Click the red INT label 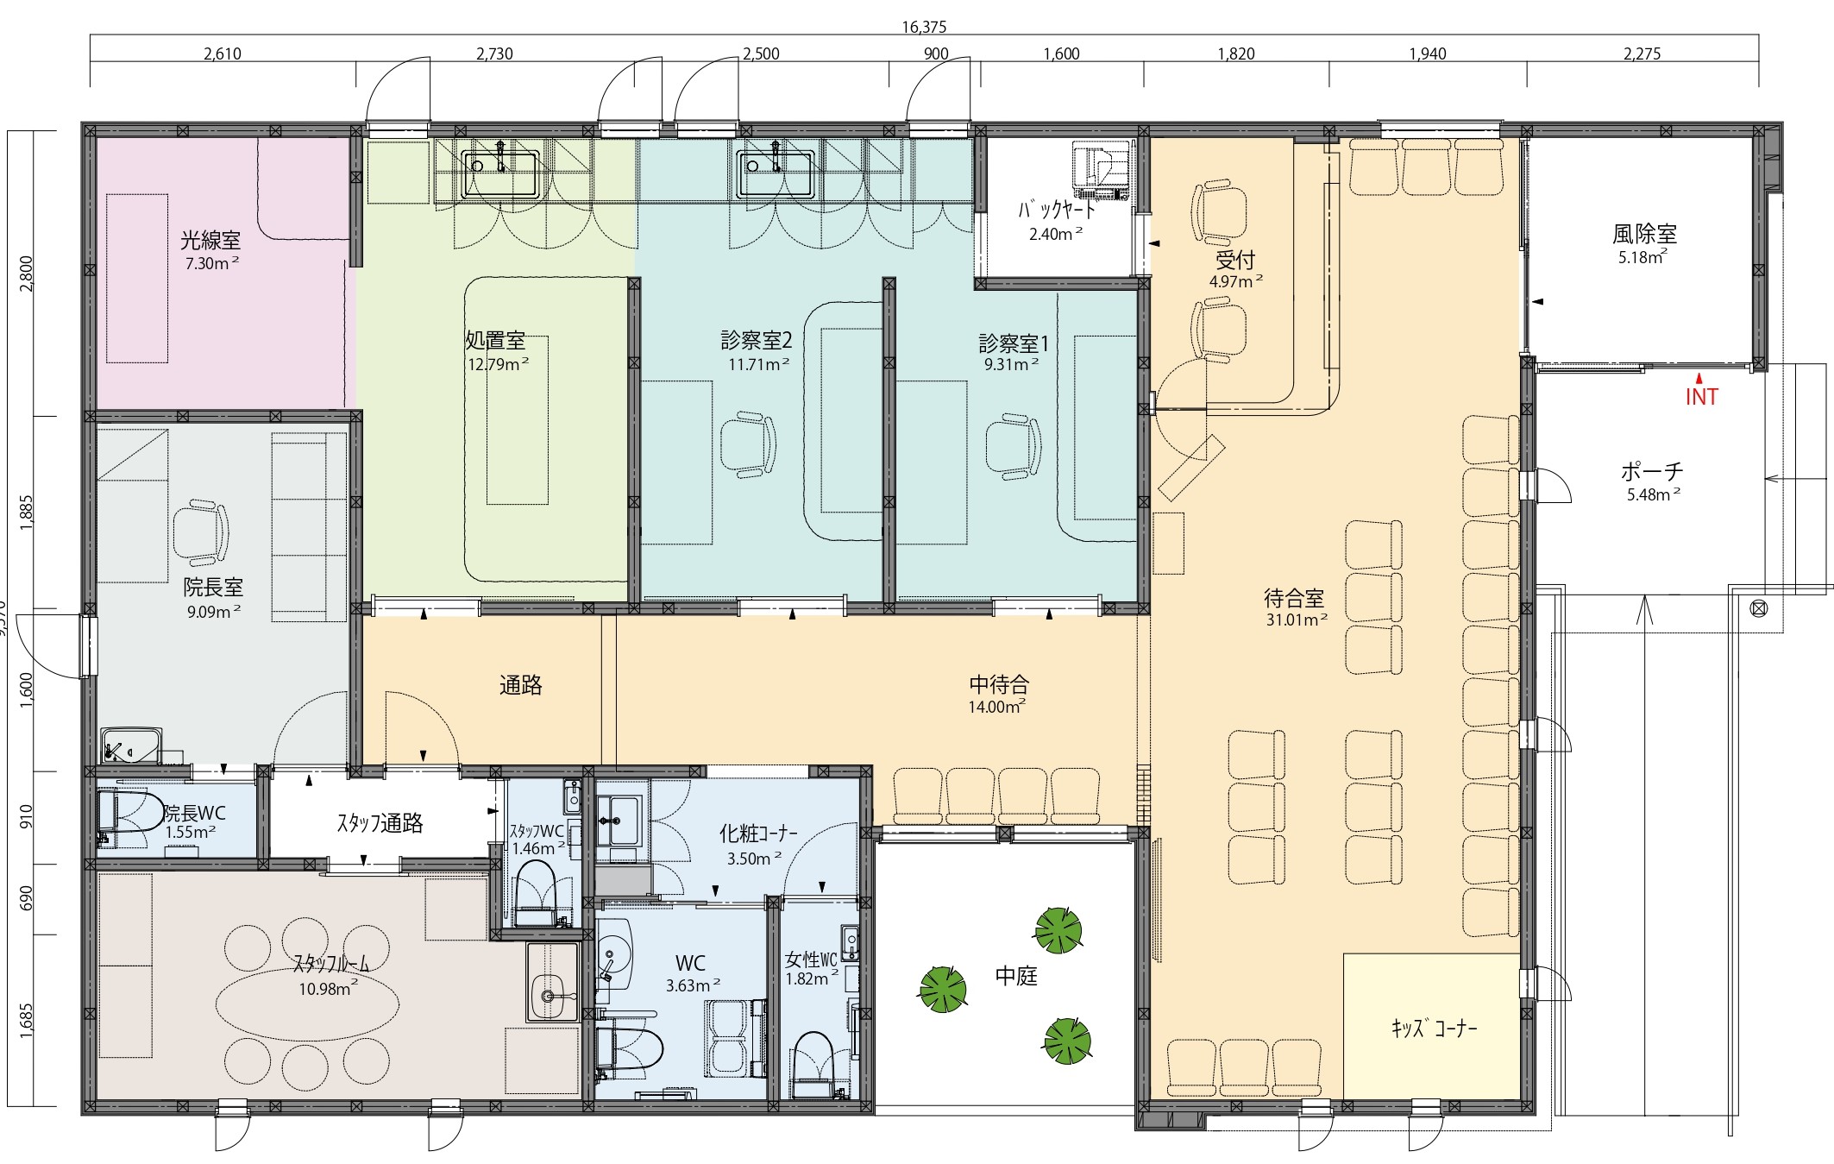tap(1701, 397)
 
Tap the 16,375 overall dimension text tap(924, 27)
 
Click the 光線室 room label tap(210, 240)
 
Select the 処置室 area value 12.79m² tap(499, 364)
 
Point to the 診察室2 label tap(757, 340)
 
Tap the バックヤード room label tap(1057, 210)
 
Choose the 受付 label tap(1235, 260)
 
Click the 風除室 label tap(1644, 234)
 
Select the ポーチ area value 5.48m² tap(1654, 494)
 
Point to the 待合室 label tap(1294, 597)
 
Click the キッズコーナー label tap(1434, 1029)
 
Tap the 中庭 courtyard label tap(1016, 976)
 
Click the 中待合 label tap(999, 685)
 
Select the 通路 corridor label tap(521, 685)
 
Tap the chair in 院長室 tap(201, 531)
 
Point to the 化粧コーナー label tap(758, 834)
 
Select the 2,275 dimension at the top tap(1642, 53)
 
